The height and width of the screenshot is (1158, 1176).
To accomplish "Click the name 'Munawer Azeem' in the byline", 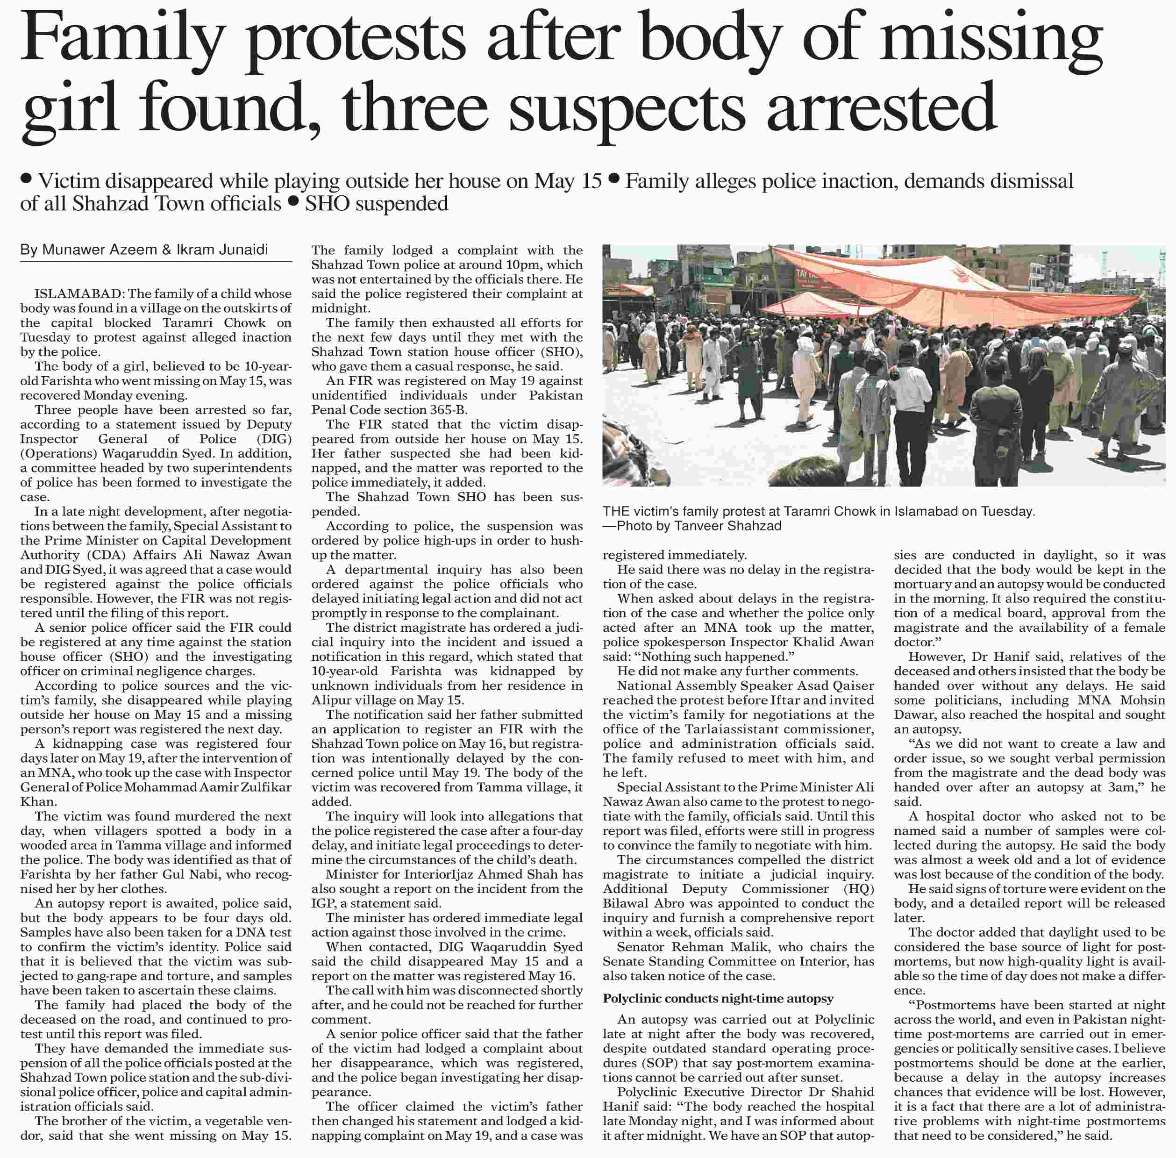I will click(x=100, y=250).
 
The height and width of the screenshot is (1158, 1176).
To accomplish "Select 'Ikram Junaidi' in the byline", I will click(x=222, y=250).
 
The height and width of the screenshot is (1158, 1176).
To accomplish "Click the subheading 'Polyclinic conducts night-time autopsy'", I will click(x=718, y=999).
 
